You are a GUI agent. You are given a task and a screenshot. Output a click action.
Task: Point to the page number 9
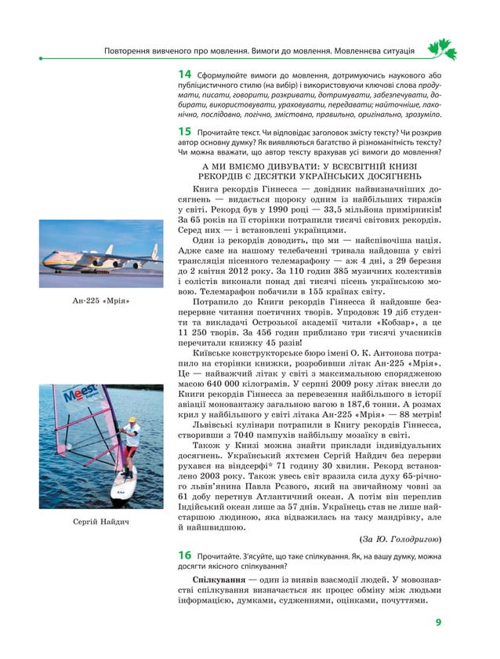[439, 624]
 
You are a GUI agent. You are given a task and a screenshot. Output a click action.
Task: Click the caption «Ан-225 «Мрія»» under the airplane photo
[100, 301]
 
